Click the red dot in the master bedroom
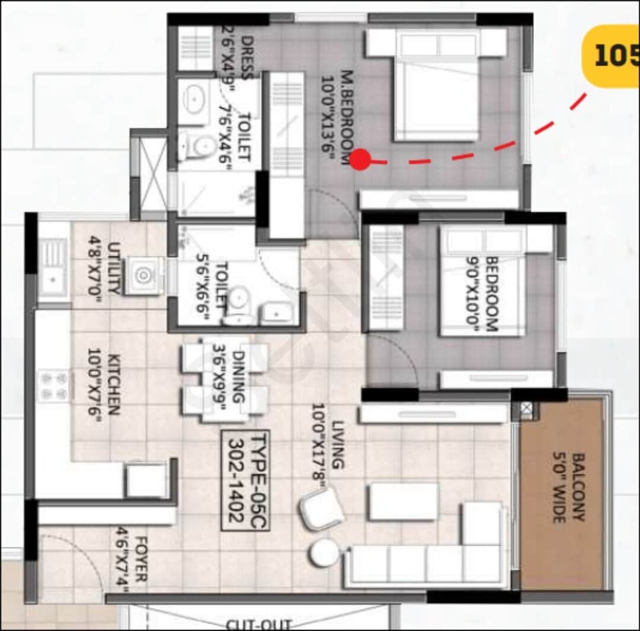[x=360, y=159]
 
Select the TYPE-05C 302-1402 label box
[x=245, y=480]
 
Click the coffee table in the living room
[x=403, y=501]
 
